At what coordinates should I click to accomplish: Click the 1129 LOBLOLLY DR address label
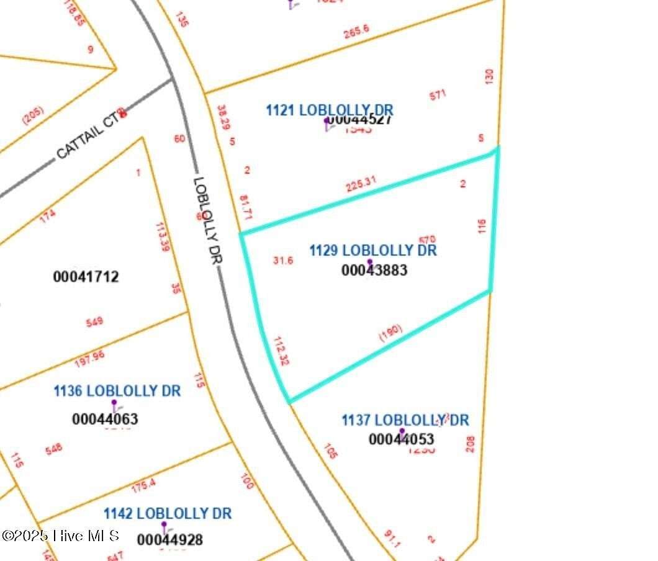click(x=373, y=250)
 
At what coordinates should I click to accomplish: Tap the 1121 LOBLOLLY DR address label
click(x=330, y=110)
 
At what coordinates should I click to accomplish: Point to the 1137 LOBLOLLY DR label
click(x=405, y=420)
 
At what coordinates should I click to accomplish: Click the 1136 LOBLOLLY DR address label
click(x=117, y=391)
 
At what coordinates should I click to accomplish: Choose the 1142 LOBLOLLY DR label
click(x=167, y=513)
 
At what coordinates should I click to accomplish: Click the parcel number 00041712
click(x=86, y=276)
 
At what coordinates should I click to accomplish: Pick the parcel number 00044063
click(x=105, y=419)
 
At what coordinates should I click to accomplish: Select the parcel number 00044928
click(x=169, y=539)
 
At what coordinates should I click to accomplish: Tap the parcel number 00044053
click(x=401, y=439)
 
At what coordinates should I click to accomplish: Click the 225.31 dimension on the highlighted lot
click(x=361, y=184)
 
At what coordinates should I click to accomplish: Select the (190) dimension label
click(x=391, y=332)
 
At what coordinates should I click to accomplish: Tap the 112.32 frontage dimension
click(x=281, y=351)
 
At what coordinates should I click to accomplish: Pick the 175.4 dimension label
click(x=143, y=485)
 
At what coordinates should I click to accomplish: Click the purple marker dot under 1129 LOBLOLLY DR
click(x=370, y=262)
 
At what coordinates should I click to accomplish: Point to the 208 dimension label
click(x=470, y=444)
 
